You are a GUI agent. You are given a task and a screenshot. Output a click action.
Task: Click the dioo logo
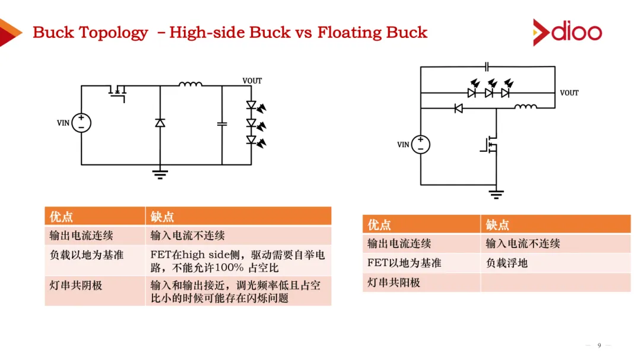(x=567, y=31)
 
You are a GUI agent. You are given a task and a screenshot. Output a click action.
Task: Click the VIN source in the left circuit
(x=81, y=123)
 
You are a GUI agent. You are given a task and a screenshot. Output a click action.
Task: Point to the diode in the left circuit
(x=160, y=123)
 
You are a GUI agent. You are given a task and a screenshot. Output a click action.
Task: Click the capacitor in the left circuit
(x=222, y=124)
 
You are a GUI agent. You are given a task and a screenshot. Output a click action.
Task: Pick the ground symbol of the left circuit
(x=160, y=173)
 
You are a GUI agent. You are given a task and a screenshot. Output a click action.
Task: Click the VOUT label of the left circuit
(x=252, y=81)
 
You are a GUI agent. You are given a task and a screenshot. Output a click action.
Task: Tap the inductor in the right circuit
(x=525, y=107)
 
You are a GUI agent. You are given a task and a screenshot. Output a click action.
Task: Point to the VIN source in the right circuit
(x=420, y=144)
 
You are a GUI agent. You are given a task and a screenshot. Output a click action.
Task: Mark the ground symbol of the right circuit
(x=496, y=193)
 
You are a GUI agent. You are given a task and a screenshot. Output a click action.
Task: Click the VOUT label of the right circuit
(x=569, y=93)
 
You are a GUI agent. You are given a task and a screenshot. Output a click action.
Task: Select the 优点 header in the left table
(x=62, y=216)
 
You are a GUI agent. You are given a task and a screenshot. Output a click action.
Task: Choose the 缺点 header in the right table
(x=497, y=225)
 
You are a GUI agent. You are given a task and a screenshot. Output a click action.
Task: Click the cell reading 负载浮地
(x=506, y=263)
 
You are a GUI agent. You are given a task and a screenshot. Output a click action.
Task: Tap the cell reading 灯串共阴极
(x=76, y=285)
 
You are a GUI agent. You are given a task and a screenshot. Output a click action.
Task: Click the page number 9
(x=599, y=345)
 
